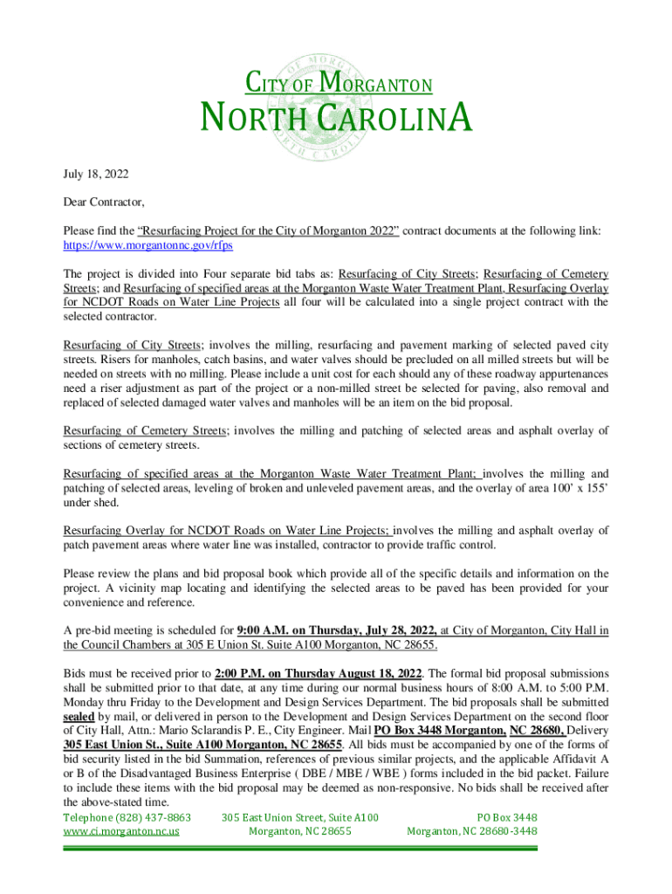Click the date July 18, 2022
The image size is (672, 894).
(97, 175)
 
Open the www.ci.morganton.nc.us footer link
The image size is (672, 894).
(121, 831)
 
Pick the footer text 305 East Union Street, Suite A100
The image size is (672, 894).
(300, 817)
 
